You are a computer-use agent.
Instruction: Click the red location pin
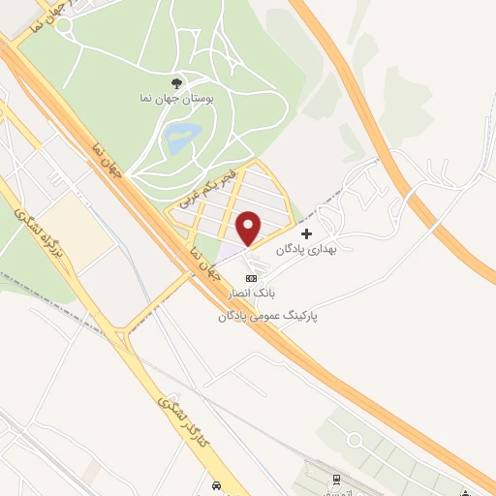(x=249, y=227)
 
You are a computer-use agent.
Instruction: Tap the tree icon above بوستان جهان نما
(x=176, y=83)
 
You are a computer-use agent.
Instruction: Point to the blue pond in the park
(x=180, y=139)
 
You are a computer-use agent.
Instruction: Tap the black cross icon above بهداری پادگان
(x=307, y=233)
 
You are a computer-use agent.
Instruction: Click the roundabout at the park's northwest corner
(x=64, y=26)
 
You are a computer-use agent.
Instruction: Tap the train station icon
(x=336, y=480)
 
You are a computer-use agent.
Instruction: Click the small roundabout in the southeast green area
(x=356, y=441)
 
